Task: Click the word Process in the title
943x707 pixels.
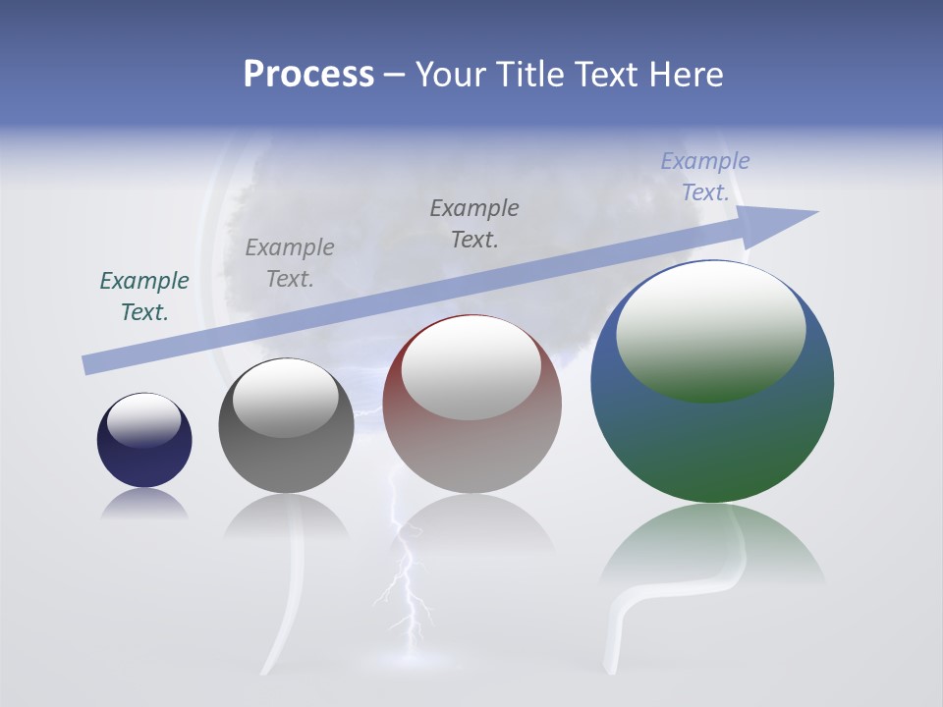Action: [308, 75]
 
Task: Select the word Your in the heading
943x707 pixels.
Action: [450, 75]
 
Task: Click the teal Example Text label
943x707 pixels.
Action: [144, 296]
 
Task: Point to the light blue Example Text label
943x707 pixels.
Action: [704, 177]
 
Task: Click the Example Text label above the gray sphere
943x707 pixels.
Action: [290, 263]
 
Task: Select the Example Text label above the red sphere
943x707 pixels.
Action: [474, 223]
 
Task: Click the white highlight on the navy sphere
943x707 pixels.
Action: [144, 420]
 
